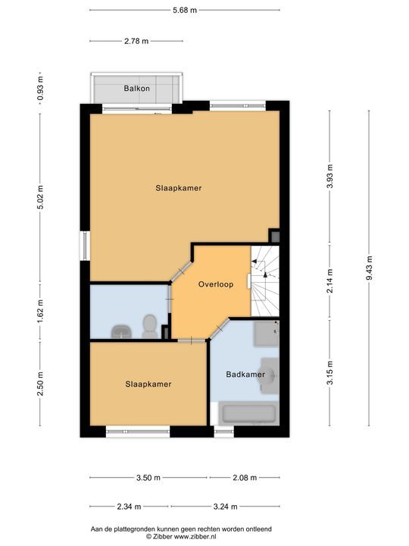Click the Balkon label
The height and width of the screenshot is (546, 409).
point(136,89)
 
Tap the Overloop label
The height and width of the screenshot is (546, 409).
point(215,284)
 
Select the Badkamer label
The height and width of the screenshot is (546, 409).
point(245,375)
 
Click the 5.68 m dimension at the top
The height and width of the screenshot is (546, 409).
point(184,10)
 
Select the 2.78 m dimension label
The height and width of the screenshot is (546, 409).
point(136,41)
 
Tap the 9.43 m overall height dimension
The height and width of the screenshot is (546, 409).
point(369,268)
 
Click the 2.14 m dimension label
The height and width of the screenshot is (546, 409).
point(329,280)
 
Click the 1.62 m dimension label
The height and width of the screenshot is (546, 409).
point(41,311)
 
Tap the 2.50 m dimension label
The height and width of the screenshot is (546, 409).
point(41,389)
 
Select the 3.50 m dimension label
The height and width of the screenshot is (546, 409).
point(148,478)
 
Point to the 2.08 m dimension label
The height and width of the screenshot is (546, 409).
point(244,478)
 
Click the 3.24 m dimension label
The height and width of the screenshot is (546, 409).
point(226,507)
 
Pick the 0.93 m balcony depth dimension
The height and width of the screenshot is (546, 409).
point(41,86)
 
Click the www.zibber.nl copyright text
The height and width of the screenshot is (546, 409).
point(181,535)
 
